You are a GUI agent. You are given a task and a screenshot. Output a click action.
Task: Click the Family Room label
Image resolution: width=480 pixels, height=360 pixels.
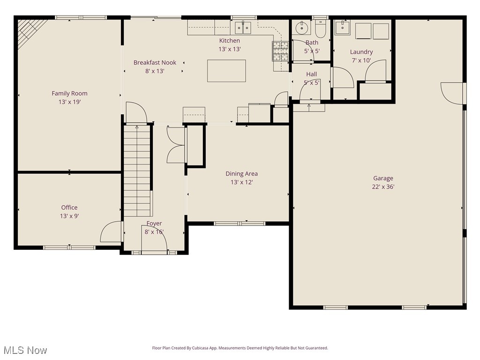click(x=69, y=93)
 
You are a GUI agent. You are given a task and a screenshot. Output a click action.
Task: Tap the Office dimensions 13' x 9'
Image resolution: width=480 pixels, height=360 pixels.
click(x=69, y=216)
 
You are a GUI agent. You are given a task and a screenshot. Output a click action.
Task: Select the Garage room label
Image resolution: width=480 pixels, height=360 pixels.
click(x=383, y=178)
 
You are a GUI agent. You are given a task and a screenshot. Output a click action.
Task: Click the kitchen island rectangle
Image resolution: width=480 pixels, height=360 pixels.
click(x=226, y=71)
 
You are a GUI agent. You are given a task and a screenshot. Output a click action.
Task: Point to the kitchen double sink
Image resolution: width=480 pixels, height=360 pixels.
click(x=243, y=28)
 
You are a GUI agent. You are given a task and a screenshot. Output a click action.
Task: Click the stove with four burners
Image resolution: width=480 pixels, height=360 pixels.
click(x=280, y=51)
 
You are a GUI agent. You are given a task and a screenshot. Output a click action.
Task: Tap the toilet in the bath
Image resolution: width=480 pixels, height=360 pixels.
click(x=321, y=30)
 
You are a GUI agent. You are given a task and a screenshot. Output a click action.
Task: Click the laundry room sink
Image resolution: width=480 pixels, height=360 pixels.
click(x=343, y=27)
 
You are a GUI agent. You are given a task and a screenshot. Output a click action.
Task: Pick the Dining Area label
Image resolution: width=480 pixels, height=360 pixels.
click(x=241, y=174)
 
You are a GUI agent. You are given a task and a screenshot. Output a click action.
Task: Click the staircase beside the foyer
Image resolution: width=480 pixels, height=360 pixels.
click(x=137, y=171)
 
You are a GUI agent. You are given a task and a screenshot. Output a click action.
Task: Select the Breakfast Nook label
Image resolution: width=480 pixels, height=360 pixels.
click(x=155, y=62)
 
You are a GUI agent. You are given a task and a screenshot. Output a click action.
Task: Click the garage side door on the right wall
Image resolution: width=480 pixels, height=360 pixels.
click(x=453, y=93)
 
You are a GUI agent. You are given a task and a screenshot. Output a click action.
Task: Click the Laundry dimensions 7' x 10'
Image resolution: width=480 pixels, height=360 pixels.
click(x=361, y=60)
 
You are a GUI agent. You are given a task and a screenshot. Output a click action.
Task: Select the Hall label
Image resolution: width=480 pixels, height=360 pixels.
click(x=311, y=74)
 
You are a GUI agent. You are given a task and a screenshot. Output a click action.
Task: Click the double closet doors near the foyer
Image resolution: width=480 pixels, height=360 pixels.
click(x=176, y=145)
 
